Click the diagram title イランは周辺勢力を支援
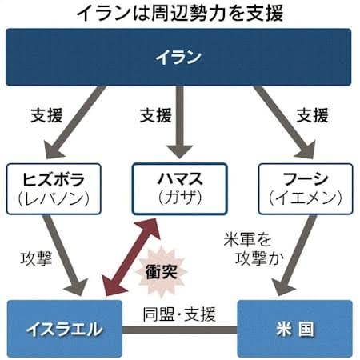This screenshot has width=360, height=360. tap(180, 13)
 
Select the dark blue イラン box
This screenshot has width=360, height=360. tap(178, 57)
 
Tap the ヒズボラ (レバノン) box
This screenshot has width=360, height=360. tap(54, 189)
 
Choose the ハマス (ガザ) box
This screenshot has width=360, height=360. tap(180, 189)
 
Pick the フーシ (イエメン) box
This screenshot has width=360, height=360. tap(306, 189)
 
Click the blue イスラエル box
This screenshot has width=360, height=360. tap(65, 329)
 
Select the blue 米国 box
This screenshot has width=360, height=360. tap(294, 329)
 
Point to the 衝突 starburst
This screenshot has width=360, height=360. tap(162, 272)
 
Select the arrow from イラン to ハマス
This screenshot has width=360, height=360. tap(180, 122)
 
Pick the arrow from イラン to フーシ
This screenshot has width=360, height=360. tap(285, 122)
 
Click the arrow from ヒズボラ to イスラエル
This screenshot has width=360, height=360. tap(65, 255)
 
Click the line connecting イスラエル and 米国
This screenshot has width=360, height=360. tap(180, 330)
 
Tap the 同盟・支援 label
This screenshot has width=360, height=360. tap(179, 314)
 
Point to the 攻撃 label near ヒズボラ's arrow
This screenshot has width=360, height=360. tap(36, 258)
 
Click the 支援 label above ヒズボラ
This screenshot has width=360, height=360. tap(46, 115)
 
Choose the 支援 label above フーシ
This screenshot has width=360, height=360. tap(312, 115)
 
